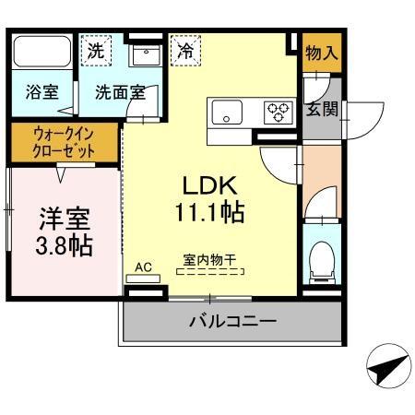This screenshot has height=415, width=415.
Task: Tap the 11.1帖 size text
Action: (x=208, y=214)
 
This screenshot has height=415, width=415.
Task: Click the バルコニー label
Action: (x=232, y=322)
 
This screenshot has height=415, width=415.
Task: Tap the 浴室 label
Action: (x=41, y=93)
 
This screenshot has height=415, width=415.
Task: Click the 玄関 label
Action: (x=322, y=109)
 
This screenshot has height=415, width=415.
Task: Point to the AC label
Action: (x=143, y=267)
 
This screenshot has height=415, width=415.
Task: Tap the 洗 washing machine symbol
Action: (x=96, y=52)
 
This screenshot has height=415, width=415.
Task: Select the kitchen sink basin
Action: (x=227, y=113)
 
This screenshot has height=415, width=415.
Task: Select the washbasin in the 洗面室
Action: (x=145, y=56)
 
